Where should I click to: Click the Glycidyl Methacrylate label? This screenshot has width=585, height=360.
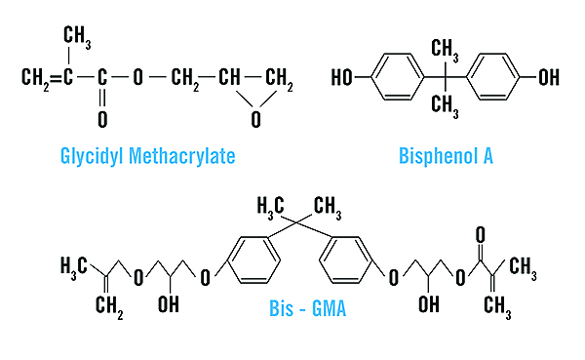(x=148, y=156)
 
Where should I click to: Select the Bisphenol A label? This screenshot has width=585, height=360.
(x=446, y=156)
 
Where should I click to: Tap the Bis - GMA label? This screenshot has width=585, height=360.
(x=308, y=308)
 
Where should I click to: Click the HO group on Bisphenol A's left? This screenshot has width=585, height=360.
(x=342, y=78)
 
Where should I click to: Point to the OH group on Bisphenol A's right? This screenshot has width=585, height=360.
(x=549, y=77)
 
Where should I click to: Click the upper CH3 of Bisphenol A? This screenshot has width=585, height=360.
(x=446, y=51)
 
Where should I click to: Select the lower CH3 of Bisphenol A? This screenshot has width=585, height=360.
(x=446, y=106)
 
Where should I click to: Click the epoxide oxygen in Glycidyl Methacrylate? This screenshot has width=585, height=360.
(x=255, y=120)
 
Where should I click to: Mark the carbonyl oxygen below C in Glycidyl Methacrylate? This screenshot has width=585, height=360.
(x=102, y=120)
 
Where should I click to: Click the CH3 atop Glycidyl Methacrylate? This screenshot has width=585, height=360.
(x=77, y=36)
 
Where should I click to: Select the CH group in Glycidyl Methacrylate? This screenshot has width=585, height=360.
(x=229, y=77)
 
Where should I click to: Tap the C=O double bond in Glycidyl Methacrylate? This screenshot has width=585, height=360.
(x=102, y=99)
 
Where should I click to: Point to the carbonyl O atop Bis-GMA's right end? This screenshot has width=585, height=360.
(x=481, y=235)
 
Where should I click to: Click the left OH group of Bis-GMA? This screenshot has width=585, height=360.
(x=169, y=304)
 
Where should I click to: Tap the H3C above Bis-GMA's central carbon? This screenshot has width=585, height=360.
(x=270, y=207)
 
